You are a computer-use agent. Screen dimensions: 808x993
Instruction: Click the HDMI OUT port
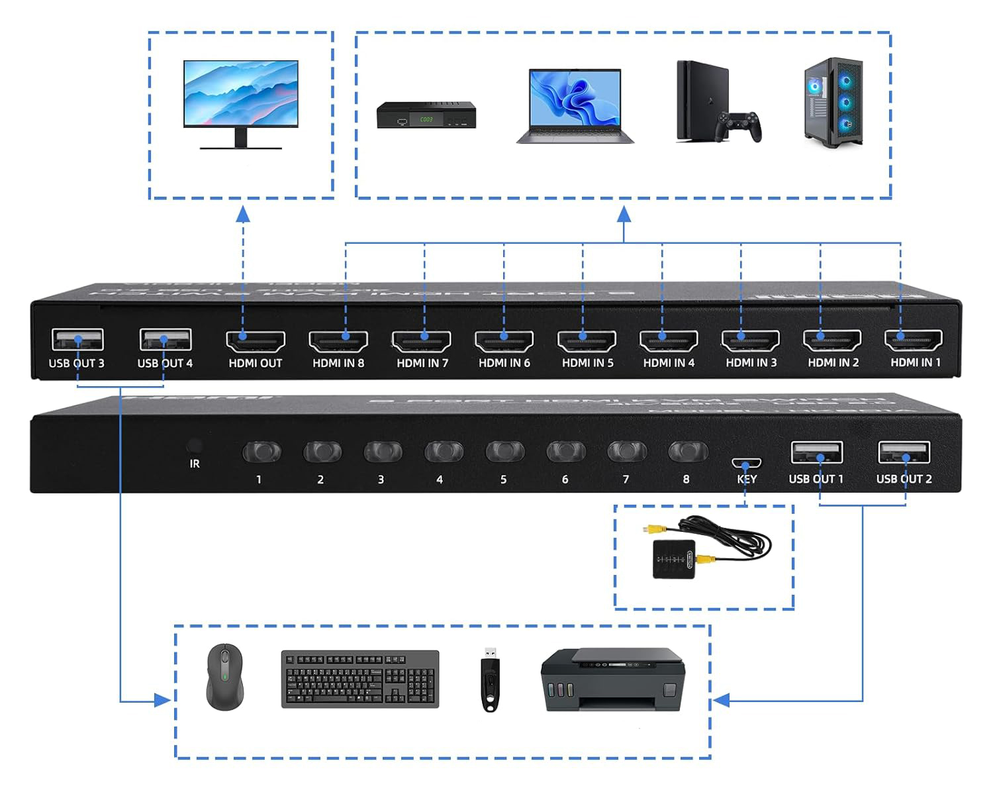click(x=256, y=341)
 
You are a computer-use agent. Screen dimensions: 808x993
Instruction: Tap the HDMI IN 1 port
click(x=914, y=340)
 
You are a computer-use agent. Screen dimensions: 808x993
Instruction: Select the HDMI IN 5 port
click(x=587, y=340)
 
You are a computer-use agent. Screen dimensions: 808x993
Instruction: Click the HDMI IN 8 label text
click(x=338, y=363)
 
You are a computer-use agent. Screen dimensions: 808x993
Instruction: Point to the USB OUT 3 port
click(x=77, y=340)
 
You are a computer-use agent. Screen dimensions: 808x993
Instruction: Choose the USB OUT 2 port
click(x=904, y=453)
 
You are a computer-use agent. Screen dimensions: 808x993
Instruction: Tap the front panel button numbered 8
click(x=688, y=452)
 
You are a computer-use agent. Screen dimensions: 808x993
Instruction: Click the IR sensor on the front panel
click(x=195, y=446)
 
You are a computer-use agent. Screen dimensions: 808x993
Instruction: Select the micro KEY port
click(x=746, y=463)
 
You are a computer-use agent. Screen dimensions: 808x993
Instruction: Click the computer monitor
click(x=241, y=103)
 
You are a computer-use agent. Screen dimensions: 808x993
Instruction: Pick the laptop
click(x=575, y=106)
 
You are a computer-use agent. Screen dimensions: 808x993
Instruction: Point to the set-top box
click(x=426, y=116)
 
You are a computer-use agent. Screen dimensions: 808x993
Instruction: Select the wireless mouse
click(x=225, y=677)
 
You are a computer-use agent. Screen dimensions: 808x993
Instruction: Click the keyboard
click(x=360, y=679)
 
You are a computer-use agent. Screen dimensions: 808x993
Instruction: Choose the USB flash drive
click(x=490, y=679)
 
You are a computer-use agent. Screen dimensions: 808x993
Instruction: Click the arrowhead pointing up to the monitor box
click(x=243, y=213)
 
